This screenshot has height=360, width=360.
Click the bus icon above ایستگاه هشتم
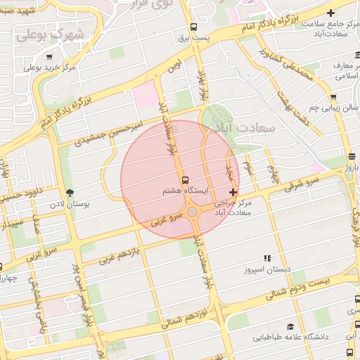click(186, 179)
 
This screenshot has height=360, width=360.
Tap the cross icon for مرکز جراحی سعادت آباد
click(233, 192)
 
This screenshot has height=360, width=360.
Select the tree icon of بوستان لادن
click(69, 193)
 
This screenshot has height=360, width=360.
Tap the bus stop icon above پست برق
click(193, 27)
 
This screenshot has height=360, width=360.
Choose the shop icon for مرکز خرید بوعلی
click(49, 57)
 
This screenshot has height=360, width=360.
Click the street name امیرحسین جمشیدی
click(112, 131)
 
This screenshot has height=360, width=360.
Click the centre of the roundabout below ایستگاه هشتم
click(192, 211)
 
